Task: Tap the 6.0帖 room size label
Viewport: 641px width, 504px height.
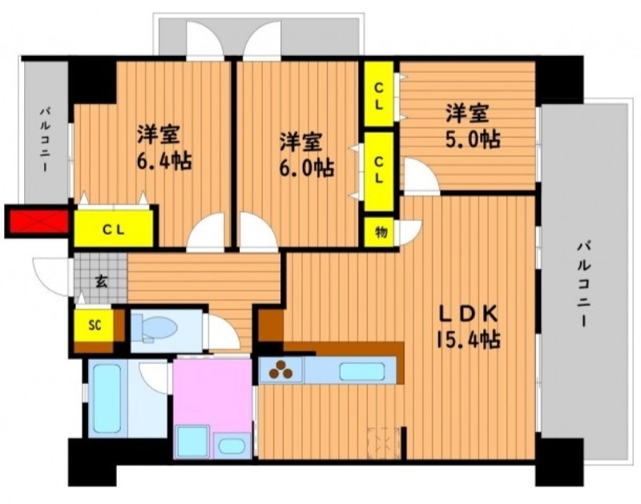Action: [x=306, y=167]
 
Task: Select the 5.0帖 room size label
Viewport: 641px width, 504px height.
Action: [x=472, y=139]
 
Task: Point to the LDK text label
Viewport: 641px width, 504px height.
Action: [x=468, y=314]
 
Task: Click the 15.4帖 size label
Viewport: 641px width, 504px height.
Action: [x=468, y=339]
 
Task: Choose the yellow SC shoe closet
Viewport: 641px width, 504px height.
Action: [x=94, y=325]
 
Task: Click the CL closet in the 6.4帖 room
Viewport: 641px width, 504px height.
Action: [x=114, y=228]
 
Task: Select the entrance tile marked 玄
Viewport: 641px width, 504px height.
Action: [x=101, y=279]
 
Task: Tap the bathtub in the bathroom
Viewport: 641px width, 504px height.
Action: [x=107, y=397]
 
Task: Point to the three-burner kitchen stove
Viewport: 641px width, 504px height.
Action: [x=281, y=369]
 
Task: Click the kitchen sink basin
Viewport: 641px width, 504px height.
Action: [x=362, y=371]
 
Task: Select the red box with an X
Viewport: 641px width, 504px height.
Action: [x=38, y=222]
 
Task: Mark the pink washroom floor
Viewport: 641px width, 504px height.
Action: [x=212, y=393]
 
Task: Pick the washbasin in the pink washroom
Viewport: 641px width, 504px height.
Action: [x=232, y=445]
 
